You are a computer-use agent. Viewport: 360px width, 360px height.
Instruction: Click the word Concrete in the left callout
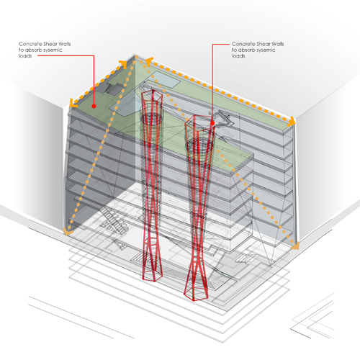point(28,44)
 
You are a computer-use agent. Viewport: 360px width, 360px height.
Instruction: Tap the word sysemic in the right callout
point(266,50)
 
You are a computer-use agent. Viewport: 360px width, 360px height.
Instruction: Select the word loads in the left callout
point(25,56)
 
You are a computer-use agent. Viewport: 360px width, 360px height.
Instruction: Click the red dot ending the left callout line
point(94,106)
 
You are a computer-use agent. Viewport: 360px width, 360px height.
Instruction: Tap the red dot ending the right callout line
point(212,123)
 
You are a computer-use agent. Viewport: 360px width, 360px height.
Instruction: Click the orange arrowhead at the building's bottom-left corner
point(68,232)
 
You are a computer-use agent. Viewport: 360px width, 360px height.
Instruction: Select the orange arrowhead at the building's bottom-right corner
point(295,246)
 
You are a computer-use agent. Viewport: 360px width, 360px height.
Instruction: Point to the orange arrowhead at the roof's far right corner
point(291,122)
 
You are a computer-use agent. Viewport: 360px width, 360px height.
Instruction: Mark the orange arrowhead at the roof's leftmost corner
point(73,103)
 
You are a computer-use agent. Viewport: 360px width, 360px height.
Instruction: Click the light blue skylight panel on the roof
point(165,80)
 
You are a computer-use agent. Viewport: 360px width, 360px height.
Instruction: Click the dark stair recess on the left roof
point(113,88)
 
